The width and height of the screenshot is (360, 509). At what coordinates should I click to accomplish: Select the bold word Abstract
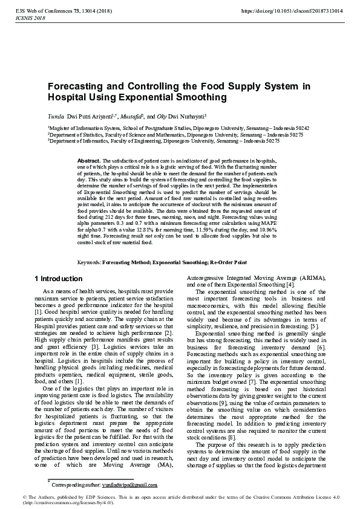click(x=90, y=160)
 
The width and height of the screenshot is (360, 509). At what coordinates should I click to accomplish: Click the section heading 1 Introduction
click(x=58, y=279)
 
